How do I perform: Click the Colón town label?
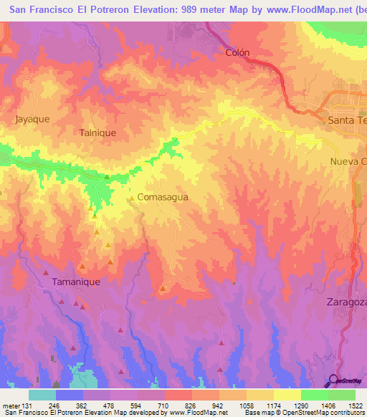coord(237,52)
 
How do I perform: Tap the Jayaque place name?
coord(32,120)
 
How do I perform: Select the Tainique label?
coord(97,133)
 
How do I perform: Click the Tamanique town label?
coord(75,282)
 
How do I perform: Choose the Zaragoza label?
coord(346,302)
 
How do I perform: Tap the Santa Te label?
coord(346,120)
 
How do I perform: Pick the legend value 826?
coord(190,404)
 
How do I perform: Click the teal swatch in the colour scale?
coord(42,395)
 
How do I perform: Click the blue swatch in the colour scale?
coord(70,395)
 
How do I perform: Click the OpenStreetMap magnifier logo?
coord(333,380)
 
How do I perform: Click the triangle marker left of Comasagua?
coord(131,197)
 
